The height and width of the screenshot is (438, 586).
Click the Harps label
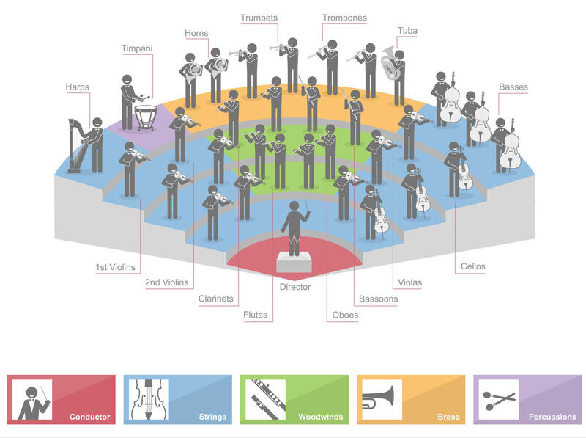tap(77, 87)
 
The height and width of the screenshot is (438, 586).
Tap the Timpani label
tap(137, 48)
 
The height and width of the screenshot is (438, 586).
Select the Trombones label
tap(344, 18)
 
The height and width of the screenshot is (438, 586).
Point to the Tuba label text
tap(407, 31)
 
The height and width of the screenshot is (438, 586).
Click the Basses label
tap(513, 87)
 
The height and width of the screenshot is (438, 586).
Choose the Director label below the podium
tap(295, 287)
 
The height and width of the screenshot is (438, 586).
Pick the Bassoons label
tap(378, 299)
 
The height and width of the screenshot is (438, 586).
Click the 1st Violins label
tap(116, 267)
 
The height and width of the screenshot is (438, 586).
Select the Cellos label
tap(473, 266)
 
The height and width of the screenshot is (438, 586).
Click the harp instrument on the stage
tap(74, 146)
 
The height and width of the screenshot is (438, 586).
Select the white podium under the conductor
tap(295, 261)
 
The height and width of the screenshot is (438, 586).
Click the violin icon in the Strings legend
tap(147, 399)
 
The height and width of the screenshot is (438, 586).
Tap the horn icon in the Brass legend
tap(380, 399)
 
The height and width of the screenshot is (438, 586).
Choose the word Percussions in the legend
tap(552, 417)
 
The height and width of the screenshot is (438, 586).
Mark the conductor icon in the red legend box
tap(34, 401)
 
